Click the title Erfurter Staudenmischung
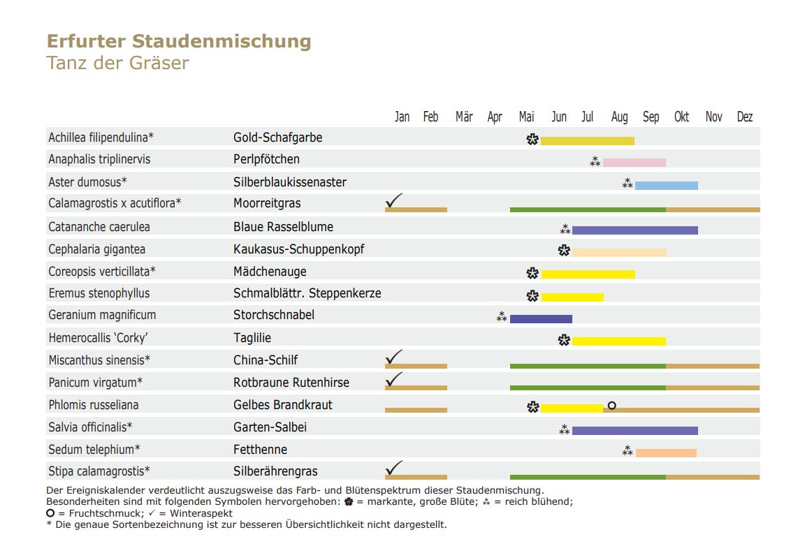179,41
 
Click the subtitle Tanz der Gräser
117,63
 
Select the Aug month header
619,117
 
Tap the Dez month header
745,117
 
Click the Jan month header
402,117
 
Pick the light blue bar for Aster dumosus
666,186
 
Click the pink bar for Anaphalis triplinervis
634,163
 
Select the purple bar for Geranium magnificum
541,319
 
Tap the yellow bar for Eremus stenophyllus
572,297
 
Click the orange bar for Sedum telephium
666,453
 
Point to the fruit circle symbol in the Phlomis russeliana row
612,405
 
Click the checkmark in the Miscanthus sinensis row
394,357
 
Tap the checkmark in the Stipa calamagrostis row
394,468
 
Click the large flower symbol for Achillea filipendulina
532,140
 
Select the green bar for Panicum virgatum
588,388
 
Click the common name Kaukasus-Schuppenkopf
298,249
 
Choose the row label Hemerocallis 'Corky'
98,338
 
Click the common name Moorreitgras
267,204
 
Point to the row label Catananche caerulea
99,227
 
